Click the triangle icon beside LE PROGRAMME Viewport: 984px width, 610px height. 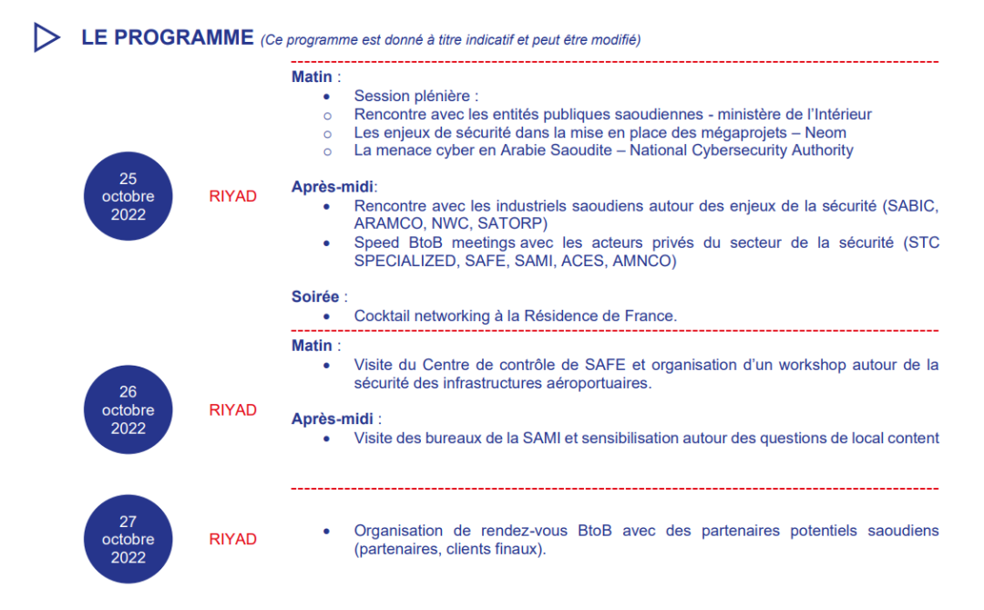click(x=46, y=37)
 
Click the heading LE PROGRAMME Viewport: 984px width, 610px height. click(x=167, y=37)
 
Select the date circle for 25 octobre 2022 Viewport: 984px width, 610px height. click(x=128, y=196)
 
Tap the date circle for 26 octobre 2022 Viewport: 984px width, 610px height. click(x=128, y=410)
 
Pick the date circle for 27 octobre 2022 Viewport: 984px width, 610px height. click(x=128, y=539)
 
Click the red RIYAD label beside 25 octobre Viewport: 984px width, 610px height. click(x=233, y=196)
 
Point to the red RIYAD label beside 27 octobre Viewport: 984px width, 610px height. click(x=233, y=539)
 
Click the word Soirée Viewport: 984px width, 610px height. click(x=314, y=296)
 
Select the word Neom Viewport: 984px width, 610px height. click(x=826, y=132)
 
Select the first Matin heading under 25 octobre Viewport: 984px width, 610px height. click(x=312, y=77)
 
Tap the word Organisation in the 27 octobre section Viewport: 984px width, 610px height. click(x=397, y=531)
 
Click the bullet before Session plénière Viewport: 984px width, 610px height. click(x=327, y=96)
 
